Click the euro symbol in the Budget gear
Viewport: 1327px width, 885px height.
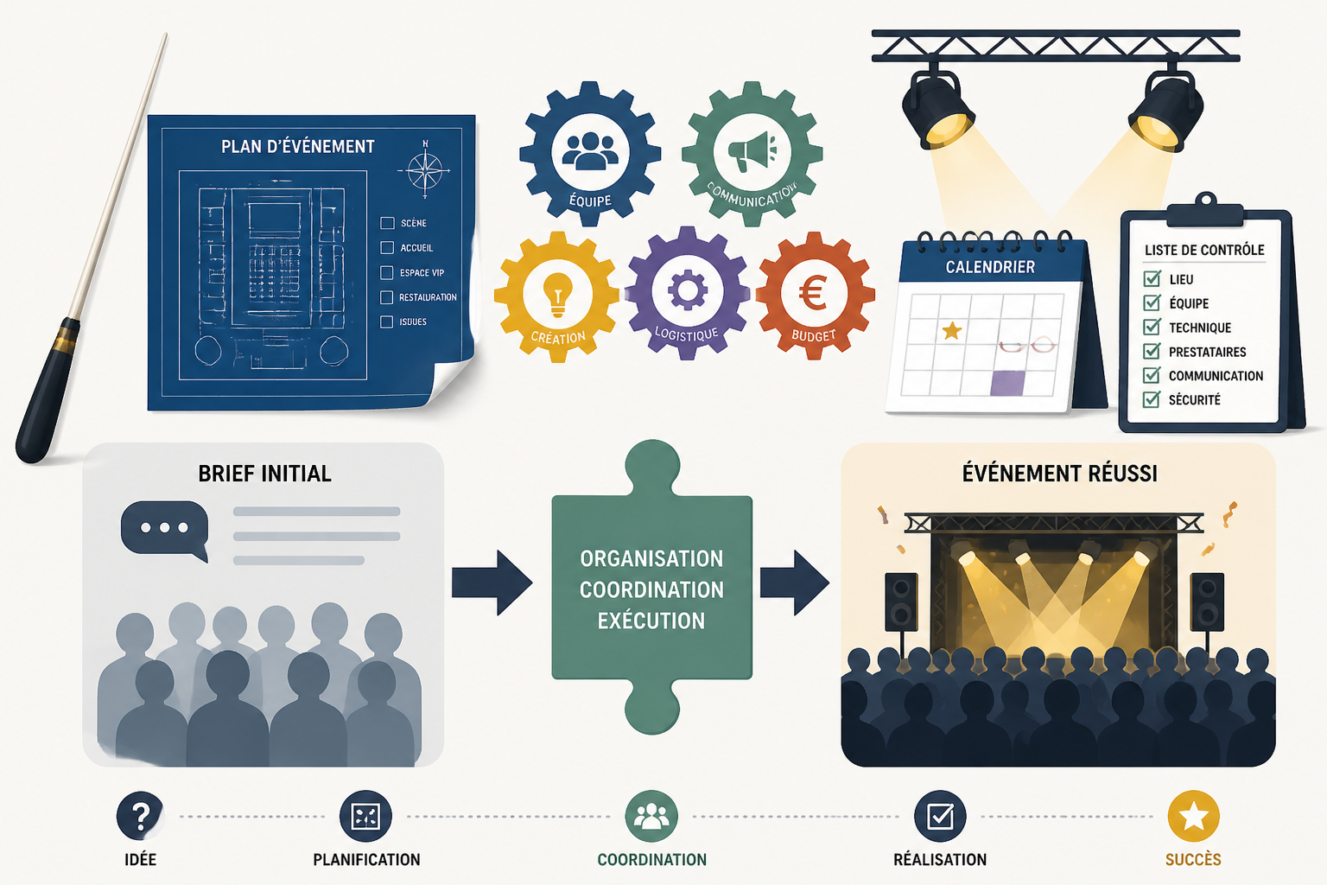813,293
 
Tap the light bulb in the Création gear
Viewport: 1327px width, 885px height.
557,295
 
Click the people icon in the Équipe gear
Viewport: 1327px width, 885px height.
590,151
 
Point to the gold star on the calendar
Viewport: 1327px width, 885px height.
951,330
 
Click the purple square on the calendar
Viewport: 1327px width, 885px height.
1007,383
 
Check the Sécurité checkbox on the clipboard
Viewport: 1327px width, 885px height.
1152,399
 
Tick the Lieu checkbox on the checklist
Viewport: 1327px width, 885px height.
1152,278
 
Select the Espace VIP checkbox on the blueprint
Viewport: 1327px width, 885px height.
386,272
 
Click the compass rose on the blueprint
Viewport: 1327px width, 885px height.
425,171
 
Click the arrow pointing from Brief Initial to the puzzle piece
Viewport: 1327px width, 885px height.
492,583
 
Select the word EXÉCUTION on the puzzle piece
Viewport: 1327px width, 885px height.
651,621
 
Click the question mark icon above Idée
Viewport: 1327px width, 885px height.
140,816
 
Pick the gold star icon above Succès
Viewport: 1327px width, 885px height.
1193,816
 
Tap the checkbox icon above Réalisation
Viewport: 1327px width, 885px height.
940,816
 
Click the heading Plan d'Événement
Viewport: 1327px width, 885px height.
297,146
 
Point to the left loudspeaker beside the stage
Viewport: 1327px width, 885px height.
901,602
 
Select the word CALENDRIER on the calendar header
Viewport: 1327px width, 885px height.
990,267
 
